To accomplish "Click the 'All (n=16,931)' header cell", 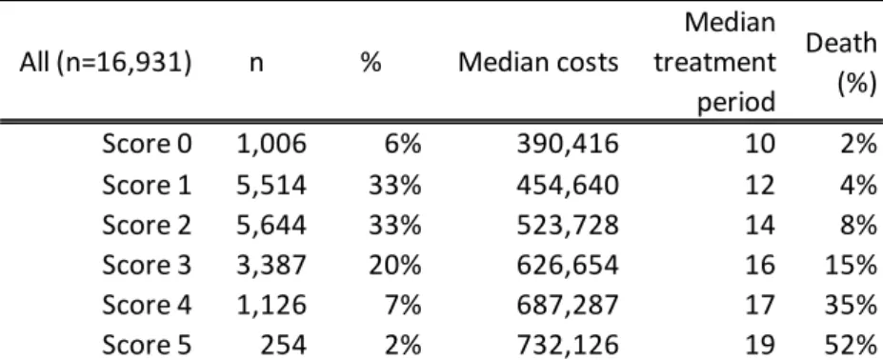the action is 106,64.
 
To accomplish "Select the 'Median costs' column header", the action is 538,63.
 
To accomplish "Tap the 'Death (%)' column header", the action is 841,63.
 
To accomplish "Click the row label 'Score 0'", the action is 147,144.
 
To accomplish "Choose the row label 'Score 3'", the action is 147,265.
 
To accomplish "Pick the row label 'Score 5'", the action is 147,345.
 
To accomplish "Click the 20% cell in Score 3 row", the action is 394,265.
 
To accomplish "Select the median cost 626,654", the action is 568,266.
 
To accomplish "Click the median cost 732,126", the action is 568,346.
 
